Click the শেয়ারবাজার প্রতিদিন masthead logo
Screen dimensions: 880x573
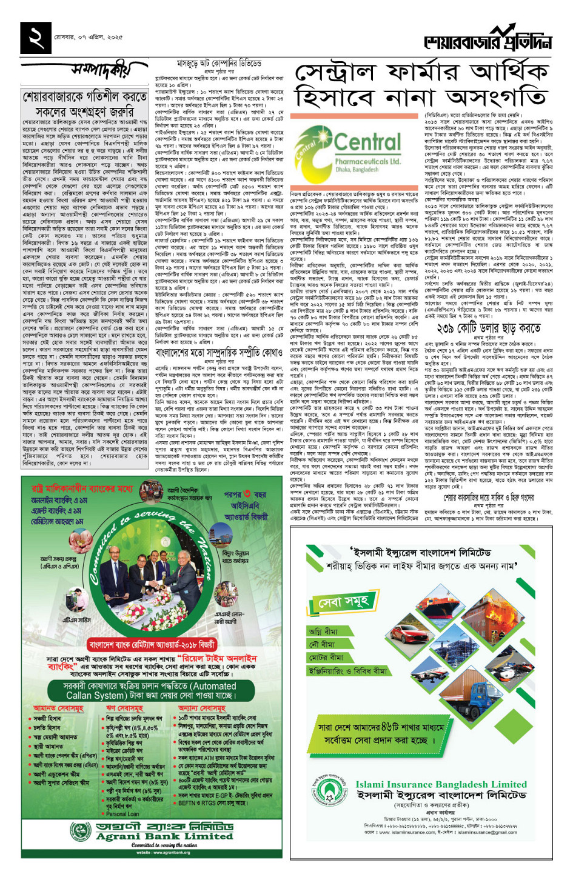pyautogui.click(x=488, y=39)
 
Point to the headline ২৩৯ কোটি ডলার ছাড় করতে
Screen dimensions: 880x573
pyautogui.click(x=488, y=328)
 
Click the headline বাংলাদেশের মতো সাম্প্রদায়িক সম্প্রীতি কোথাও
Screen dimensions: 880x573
pyautogui.click(x=219, y=352)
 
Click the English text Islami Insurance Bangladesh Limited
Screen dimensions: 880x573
pyautogui.click(x=441, y=784)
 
